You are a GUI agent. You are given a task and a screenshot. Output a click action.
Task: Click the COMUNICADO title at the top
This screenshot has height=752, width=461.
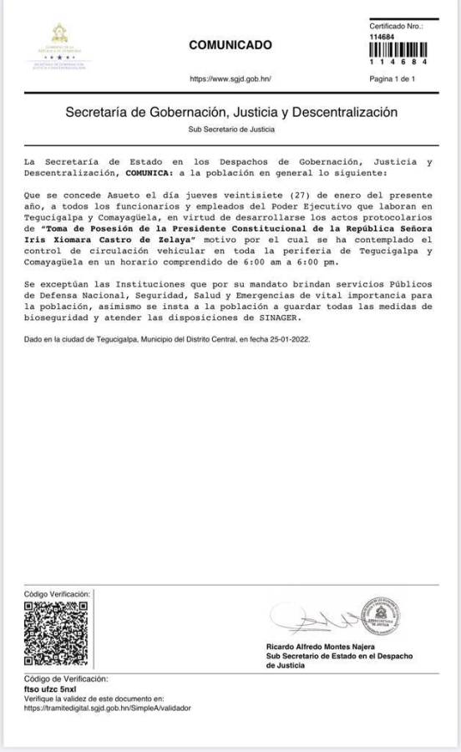pyautogui.click(x=230, y=44)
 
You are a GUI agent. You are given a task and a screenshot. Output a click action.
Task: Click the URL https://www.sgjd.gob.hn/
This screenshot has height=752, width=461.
pyautogui.click(x=230, y=79)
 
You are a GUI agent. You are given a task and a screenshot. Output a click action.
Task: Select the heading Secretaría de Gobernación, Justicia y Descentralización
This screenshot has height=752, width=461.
pyautogui.click(x=231, y=111)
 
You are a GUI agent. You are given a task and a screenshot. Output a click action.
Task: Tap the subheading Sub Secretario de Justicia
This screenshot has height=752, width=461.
pyautogui.click(x=231, y=130)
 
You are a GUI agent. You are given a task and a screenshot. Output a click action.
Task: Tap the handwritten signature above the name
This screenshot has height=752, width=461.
pyautogui.click(x=309, y=619)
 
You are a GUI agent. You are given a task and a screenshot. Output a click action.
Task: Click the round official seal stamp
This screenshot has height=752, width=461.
pyautogui.click(x=382, y=618)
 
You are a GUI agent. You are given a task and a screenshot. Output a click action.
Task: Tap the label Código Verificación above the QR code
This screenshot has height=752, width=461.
pyautogui.click(x=57, y=592)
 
